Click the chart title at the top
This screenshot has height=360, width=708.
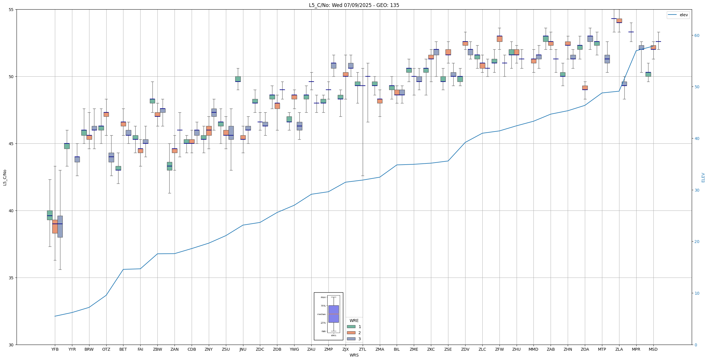(354, 5)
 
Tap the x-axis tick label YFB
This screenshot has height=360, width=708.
(55, 349)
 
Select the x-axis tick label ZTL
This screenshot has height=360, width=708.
(362, 349)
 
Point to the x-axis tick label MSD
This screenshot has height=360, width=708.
(653, 349)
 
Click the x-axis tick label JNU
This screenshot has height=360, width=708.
(243, 349)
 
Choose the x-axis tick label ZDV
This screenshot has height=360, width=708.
(465, 349)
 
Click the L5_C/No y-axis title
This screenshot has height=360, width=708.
(5, 177)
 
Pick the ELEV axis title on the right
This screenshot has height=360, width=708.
(703, 177)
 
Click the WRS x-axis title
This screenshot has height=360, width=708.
(354, 355)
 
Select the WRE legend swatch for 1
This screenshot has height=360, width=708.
(351, 327)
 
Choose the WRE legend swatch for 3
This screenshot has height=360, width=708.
(351, 339)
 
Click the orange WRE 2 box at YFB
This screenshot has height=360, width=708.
(55, 226)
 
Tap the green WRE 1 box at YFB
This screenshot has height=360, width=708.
(50, 215)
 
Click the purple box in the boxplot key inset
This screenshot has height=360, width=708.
(333, 314)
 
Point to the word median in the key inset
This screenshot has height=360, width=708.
(321, 314)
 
